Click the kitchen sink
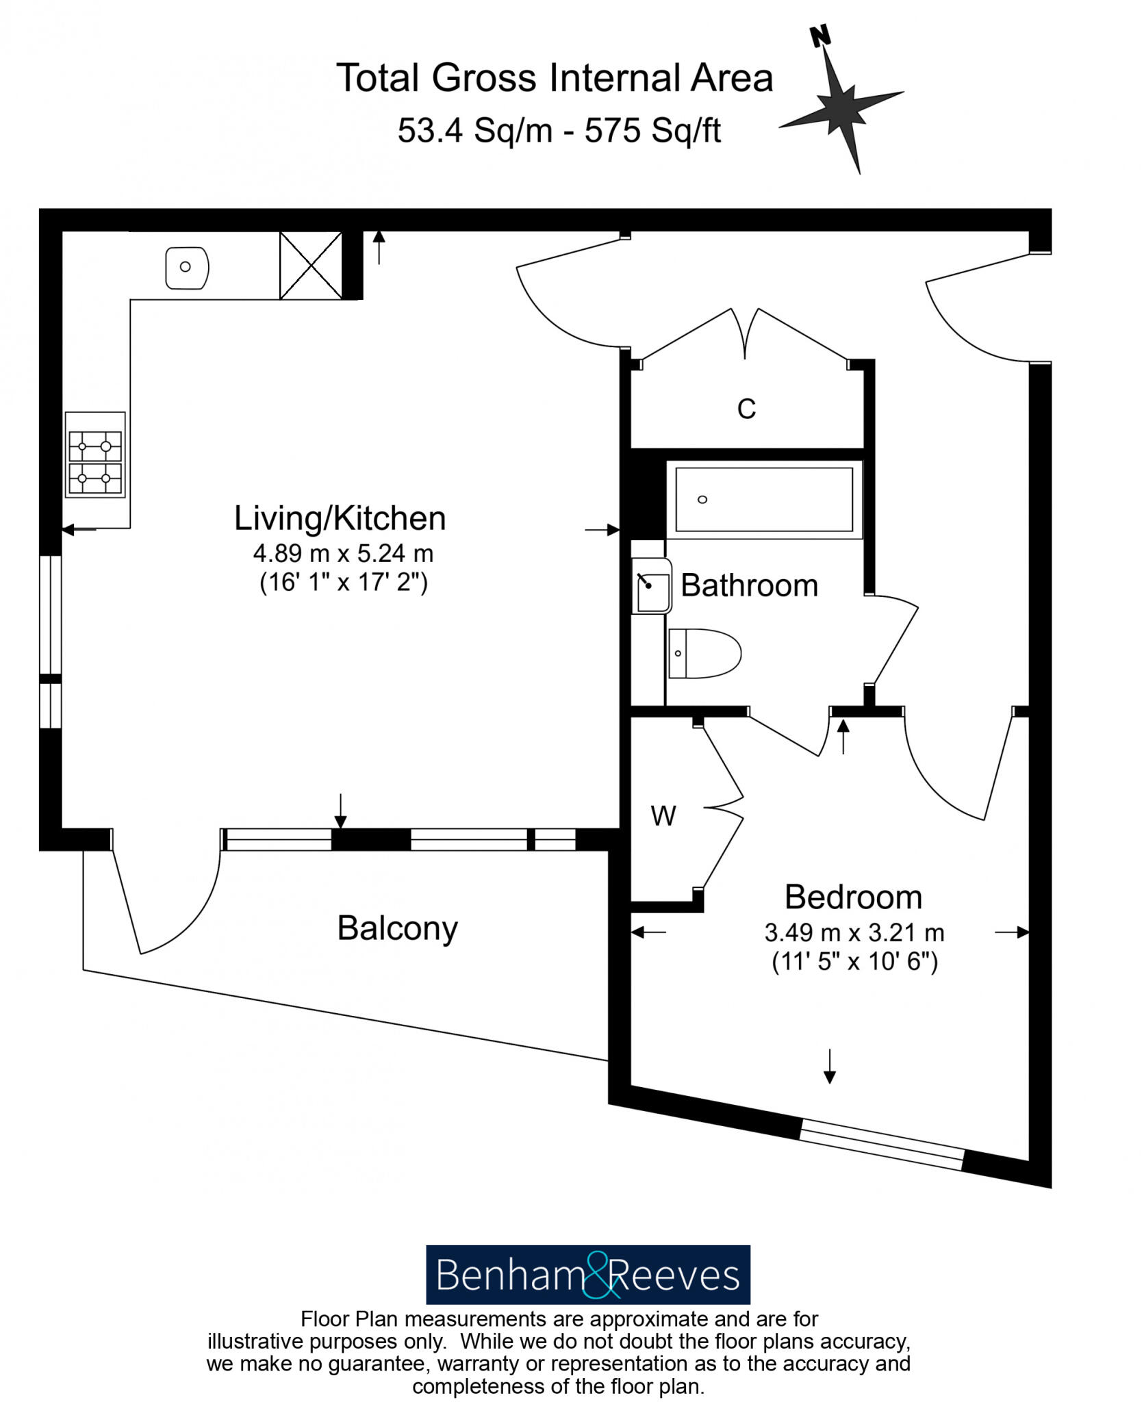pyautogui.click(x=187, y=268)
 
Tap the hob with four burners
pyautogui.click(x=95, y=455)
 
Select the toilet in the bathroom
pyautogui.click(x=704, y=653)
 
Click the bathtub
pyautogui.click(x=763, y=499)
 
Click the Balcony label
pyautogui.click(x=397, y=929)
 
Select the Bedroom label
pyautogui.click(x=853, y=897)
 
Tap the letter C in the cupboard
pyautogui.click(x=746, y=409)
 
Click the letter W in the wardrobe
pyautogui.click(x=663, y=816)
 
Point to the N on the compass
pyautogui.click(x=820, y=36)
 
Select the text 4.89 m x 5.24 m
pyautogui.click(x=343, y=553)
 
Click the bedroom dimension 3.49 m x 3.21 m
pyautogui.click(x=854, y=932)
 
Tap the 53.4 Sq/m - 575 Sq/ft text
pyautogui.click(x=559, y=130)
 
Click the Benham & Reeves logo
pyautogui.click(x=587, y=1275)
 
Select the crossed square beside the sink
pyautogui.click(x=311, y=266)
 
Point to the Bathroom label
pyautogui.click(x=749, y=586)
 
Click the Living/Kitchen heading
pyautogui.click(x=340, y=519)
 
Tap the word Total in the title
pyautogui.click(x=377, y=78)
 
